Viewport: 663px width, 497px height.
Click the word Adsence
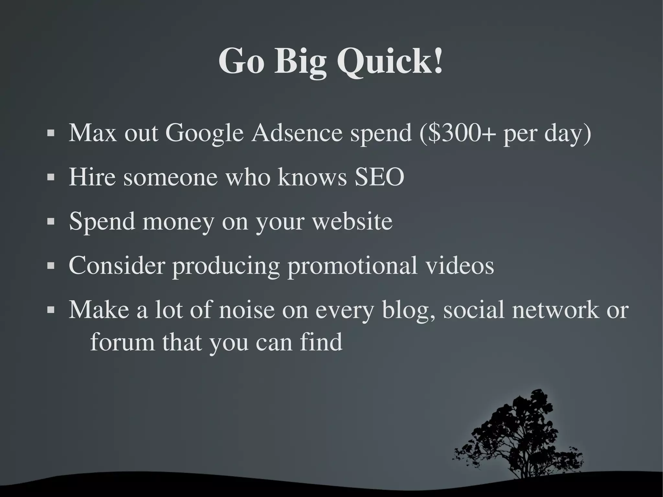pos(297,133)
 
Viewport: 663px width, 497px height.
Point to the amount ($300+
pos(457,133)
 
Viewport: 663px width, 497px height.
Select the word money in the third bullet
pos(178,222)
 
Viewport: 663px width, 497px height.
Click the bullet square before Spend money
pos(51,222)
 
